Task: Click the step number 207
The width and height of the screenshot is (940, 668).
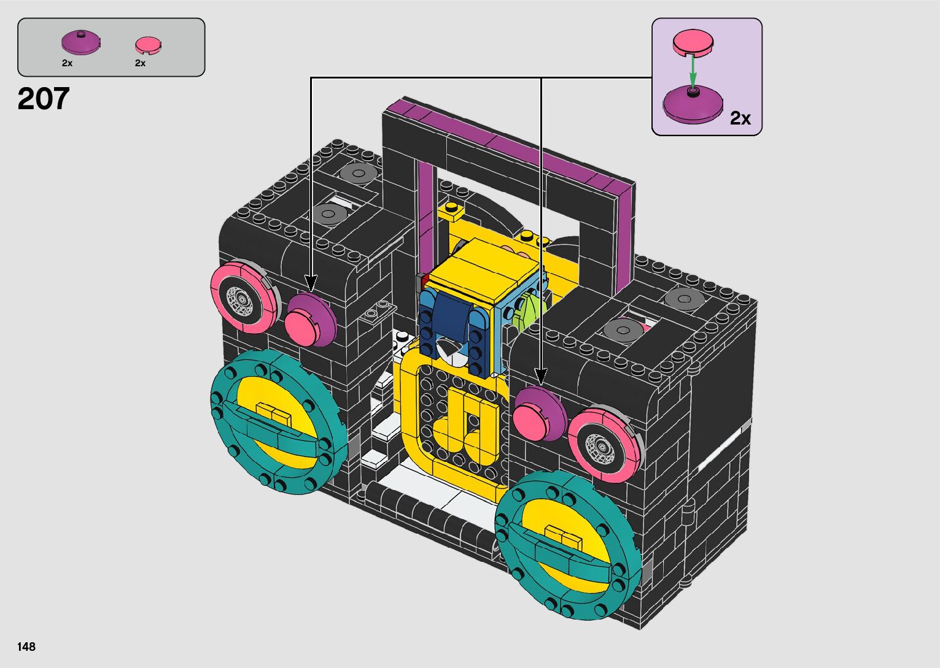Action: coord(44,99)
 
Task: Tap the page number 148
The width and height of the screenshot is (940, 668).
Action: coord(26,647)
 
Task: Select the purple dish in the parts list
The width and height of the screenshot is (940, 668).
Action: coord(81,42)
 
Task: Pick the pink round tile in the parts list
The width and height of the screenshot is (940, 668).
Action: coord(148,46)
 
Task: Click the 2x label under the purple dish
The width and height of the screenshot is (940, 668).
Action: coord(67,63)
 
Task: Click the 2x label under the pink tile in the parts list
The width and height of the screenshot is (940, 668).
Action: coord(140,63)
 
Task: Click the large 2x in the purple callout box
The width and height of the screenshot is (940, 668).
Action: coord(740,118)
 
